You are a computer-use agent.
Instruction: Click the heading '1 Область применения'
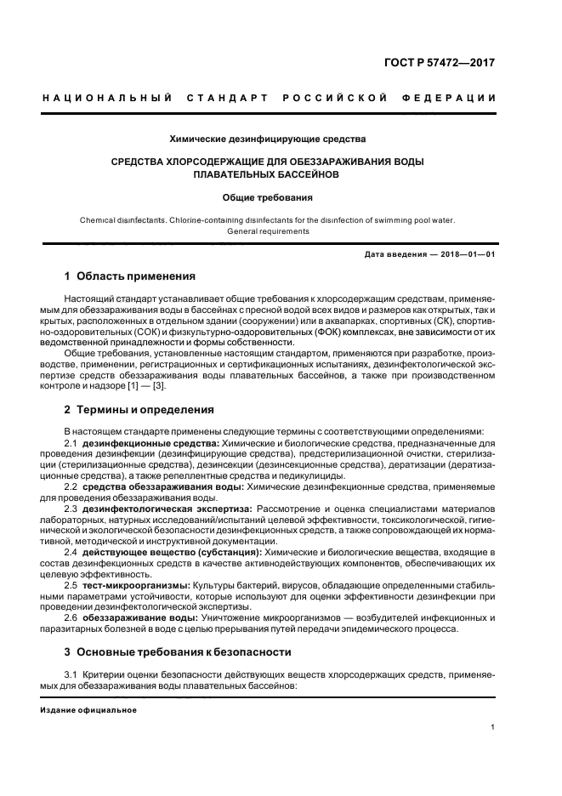pos(130,276)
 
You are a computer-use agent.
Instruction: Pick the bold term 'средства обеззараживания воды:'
pos(151,487)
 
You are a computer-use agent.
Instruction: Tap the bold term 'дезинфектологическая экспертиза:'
pos(156,509)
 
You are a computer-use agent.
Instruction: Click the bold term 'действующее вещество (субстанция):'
pos(162,554)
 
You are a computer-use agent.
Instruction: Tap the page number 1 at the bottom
pos(493,726)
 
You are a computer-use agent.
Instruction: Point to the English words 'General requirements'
pos(268,230)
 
